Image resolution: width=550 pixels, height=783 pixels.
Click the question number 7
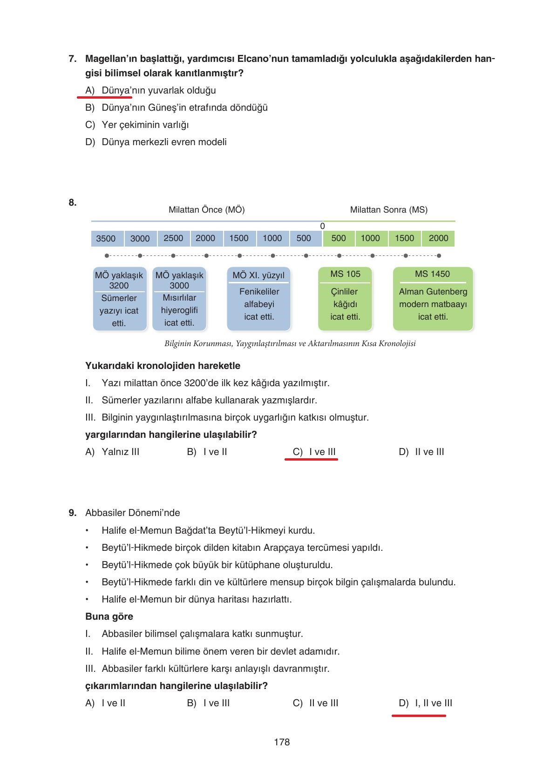click(x=72, y=59)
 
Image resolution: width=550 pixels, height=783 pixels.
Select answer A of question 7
click(x=151, y=90)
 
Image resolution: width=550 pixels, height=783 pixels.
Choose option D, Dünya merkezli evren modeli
click(x=156, y=142)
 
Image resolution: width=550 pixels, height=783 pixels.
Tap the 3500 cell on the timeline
click(x=106, y=239)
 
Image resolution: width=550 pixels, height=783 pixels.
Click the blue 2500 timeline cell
click(x=173, y=238)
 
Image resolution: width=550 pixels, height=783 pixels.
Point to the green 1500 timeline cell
click(x=404, y=238)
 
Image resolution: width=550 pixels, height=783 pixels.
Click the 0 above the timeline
click(x=322, y=226)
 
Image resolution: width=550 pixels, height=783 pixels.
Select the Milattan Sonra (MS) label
click(x=388, y=210)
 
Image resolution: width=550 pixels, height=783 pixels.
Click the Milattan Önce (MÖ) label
click(x=206, y=210)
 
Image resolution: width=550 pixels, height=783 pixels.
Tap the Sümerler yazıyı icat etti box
click(x=119, y=299)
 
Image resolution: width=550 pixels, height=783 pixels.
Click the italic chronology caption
click(x=290, y=344)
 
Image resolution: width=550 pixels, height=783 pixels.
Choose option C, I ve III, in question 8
click(x=314, y=452)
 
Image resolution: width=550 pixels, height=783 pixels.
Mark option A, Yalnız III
click(x=113, y=452)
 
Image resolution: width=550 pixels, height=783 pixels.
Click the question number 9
click(x=72, y=513)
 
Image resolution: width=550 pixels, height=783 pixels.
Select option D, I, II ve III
click(x=425, y=703)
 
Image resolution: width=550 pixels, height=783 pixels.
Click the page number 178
click(x=282, y=742)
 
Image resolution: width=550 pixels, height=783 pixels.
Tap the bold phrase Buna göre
click(x=109, y=616)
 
